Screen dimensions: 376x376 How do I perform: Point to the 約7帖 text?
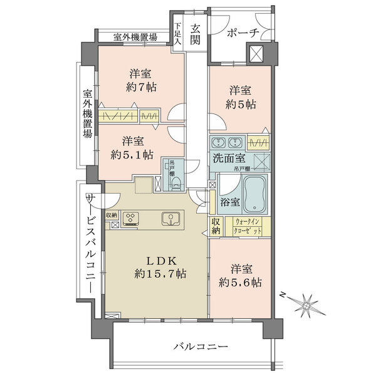point(141,87)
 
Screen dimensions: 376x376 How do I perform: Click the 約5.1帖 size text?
point(132,154)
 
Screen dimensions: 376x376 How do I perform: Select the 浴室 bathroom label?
point(230,202)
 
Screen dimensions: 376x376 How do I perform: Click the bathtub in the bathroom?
point(255,194)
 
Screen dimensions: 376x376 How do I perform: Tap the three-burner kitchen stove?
point(132,219)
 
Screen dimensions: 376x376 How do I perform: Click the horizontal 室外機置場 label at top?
point(135,37)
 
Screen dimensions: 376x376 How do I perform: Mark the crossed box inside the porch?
point(256,54)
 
